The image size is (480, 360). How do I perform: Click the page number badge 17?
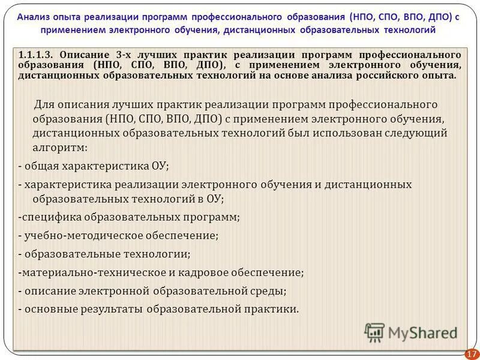tap(472, 353)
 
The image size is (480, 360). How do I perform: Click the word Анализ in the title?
tap(34, 17)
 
